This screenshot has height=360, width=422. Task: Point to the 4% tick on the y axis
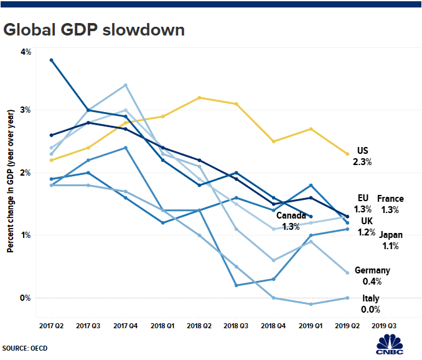(x=26, y=52)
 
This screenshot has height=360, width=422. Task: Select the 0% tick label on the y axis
(x=26, y=298)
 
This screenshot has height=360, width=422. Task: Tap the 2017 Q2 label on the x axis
(x=51, y=326)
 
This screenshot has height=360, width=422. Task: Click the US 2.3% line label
(x=363, y=156)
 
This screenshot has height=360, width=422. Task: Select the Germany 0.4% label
(x=372, y=276)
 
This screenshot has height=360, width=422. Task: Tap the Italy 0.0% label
(x=371, y=304)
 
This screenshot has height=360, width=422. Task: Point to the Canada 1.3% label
(x=291, y=222)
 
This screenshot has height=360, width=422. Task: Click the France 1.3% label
(x=390, y=204)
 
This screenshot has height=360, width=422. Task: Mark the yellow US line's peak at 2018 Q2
(x=199, y=97)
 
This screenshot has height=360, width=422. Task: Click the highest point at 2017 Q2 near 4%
(x=51, y=60)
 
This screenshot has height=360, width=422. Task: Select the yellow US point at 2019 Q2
(x=347, y=154)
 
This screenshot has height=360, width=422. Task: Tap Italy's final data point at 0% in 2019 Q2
(x=347, y=298)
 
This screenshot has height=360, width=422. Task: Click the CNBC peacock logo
(x=391, y=344)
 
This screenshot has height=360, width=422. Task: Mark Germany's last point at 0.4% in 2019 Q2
(x=347, y=273)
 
